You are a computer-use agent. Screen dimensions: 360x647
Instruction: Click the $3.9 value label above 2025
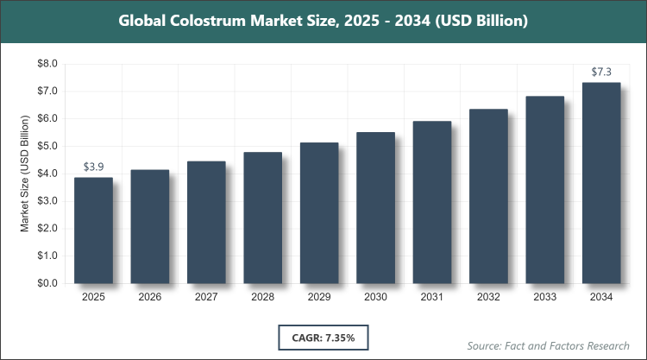click(x=93, y=167)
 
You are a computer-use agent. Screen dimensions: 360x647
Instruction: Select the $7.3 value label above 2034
click(x=601, y=72)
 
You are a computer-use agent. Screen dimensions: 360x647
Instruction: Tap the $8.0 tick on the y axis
click(x=46, y=64)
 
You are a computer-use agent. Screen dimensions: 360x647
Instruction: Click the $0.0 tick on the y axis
click(x=46, y=283)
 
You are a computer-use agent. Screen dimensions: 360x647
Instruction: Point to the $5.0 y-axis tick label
click(x=46, y=146)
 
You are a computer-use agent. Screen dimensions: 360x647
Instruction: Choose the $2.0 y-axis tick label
click(x=46, y=229)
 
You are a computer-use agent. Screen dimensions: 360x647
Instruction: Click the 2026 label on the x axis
click(x=149, y=297)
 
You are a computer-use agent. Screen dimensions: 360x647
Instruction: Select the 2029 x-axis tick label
click(x=319, y=297)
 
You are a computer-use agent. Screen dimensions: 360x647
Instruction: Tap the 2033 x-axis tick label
click(x=545, y=297)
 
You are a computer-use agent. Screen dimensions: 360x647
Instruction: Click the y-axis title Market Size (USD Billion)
click(x=26, y=173)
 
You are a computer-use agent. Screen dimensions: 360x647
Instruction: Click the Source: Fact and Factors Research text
click(x=547, y=345)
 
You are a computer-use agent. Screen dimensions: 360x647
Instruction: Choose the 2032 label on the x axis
click(x=488, y=297)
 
